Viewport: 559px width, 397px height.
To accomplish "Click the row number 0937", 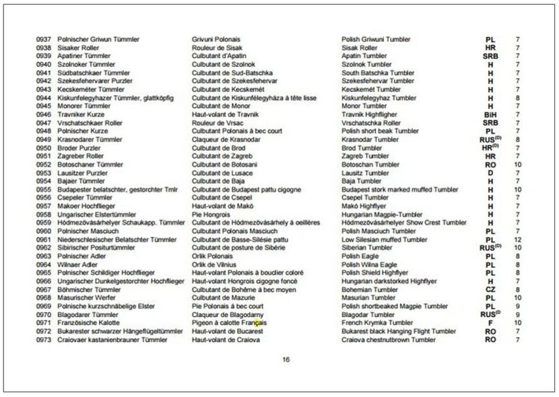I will (43, 40).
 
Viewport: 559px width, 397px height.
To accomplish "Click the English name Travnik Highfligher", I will (372, 114).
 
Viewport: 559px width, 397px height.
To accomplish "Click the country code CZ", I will (490, 289).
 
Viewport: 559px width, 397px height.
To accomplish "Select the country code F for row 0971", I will (490, 323).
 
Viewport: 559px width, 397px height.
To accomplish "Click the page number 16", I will (286, 359).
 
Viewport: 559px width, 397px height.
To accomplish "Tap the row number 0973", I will (43, 340).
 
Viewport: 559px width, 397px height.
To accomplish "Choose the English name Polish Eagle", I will (360, 256).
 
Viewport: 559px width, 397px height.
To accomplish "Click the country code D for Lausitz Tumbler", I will (490, 173).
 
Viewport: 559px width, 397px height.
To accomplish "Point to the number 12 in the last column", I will (517, 240).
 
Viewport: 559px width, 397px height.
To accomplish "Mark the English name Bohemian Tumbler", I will (370, 289).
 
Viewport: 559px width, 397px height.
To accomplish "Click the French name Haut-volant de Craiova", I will (226, 340).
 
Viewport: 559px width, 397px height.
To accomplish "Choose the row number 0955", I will (43, 190).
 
